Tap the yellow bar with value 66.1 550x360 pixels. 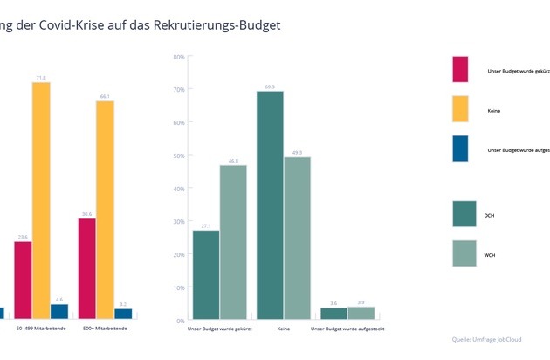tap(105, 209)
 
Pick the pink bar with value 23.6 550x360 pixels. tap(23, 279)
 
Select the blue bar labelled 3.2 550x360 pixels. tap(123, 313)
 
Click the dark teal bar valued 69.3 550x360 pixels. tap(270, 205)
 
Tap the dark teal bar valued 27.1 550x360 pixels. tap(206, 274)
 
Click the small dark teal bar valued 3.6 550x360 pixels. tap(333, 314)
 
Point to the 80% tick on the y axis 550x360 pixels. tap(178, 58)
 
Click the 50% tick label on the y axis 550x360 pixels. tap(178, 156)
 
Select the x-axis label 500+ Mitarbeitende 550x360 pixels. tap(105, 329)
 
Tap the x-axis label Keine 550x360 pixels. tap(284, 329)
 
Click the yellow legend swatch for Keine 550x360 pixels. tap(460, 109)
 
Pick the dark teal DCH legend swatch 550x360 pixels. tap(464, 214)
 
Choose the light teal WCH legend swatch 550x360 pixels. tap(464, 254)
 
